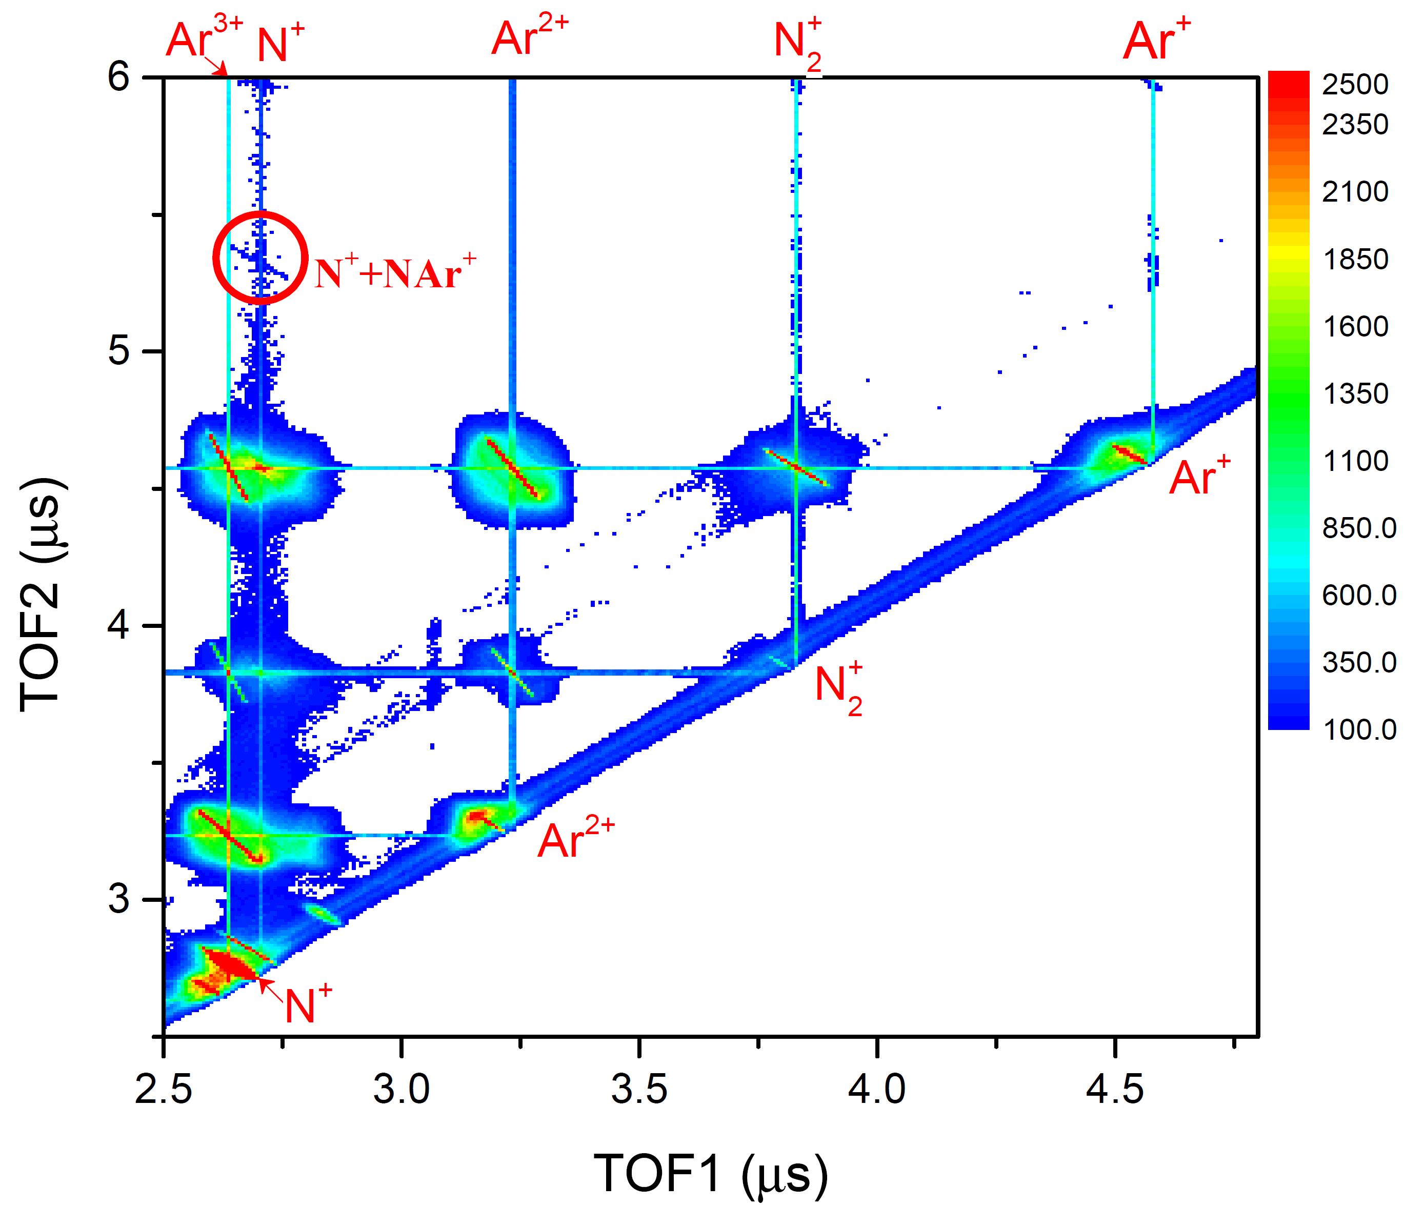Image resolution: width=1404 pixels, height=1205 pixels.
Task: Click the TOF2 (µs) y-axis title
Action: tap(42, 595)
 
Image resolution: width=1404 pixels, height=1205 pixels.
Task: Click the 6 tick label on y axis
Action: tap(118, 76)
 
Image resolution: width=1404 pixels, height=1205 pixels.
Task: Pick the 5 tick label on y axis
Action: tap(118, 351)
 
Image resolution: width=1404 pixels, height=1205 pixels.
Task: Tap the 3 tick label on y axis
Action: tap(118, 899)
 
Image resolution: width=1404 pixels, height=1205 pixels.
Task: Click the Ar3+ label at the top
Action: tap(203, 37)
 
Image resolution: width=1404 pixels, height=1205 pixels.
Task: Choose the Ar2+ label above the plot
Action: tap(529, 37)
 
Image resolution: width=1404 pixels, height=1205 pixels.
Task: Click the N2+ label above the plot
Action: tap(798, 44)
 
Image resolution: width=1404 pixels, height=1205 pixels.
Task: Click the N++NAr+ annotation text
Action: tap(395, 272)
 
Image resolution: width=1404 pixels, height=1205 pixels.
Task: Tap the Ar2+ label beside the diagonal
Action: tap(575, 840)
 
